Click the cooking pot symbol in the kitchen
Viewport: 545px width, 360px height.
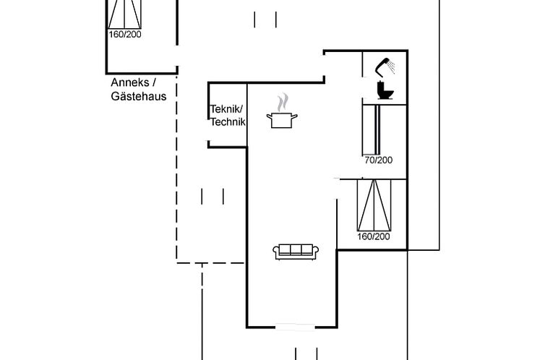click(282, 120)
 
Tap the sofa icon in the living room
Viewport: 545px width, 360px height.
click(296, 252)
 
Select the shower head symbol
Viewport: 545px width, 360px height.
click(382, 67)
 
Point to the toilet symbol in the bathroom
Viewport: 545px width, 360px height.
click(385, 90)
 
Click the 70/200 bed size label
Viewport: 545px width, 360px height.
click(379, 160)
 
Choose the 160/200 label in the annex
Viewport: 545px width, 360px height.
click(125, 35)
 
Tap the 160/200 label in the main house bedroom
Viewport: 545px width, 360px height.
click(374, 236)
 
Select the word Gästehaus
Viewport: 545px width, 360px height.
click(139, 96)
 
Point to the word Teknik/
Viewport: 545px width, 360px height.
click(227, 109)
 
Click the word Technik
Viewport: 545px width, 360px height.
click(228, 122)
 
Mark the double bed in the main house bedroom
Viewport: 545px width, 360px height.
click(374, 205)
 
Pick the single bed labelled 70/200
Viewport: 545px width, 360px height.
click(372, 129)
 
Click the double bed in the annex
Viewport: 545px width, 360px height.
click(124, 14)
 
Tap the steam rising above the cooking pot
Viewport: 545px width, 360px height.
click(283, 102)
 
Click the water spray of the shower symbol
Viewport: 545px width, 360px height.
click(392, 67)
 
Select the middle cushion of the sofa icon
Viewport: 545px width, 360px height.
click(296, 249)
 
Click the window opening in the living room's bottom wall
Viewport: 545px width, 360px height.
click(295, 327)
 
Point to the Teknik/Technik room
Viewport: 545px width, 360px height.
click(228, 116)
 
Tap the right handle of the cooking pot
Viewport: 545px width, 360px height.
click(295, 116)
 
